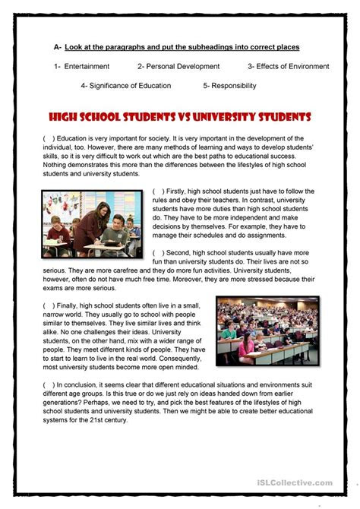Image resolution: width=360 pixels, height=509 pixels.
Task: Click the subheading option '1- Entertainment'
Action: (82, 67)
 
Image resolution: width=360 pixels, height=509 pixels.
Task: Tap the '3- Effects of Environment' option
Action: (288, 67)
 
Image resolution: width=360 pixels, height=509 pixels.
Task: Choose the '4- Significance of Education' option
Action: (125, 86)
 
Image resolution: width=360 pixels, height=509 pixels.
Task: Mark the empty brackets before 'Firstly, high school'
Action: (159, 191)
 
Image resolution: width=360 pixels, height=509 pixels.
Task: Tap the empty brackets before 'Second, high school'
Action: (159, 252)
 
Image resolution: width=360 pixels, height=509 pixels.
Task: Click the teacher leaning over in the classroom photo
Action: (90, 225)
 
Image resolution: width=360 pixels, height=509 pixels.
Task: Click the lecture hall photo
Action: (267, 330)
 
